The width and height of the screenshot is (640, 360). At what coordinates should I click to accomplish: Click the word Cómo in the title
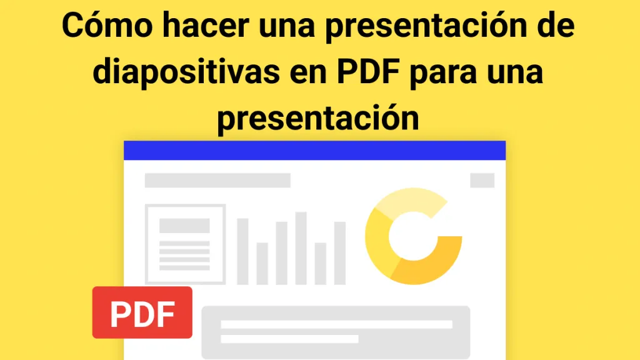pos(107,25)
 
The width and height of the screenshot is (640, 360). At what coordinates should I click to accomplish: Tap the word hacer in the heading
pos(206,25)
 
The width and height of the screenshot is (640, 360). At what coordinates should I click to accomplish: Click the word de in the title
pos(557,25)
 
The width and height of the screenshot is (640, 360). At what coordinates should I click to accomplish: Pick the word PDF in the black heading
pos(368,71)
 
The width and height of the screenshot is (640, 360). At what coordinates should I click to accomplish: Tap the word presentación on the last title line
pos(318,118)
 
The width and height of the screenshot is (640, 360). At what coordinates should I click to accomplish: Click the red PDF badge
pos(142,312)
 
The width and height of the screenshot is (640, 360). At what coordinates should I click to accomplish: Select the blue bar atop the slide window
pos(315,151)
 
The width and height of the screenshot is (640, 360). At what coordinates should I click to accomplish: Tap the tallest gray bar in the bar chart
pos(301,248)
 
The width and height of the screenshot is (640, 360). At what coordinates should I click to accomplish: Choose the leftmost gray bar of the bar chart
pos(243,251)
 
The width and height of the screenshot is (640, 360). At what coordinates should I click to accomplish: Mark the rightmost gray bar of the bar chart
pos(340,253)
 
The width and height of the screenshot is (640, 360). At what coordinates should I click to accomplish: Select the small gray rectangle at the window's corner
pos(482,181)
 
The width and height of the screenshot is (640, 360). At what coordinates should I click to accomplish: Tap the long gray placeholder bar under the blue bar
pos(217,181)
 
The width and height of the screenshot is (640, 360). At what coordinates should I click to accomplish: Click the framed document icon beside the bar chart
pos(185,244)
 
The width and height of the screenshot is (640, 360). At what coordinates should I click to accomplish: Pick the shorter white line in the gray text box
pos(290,339)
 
